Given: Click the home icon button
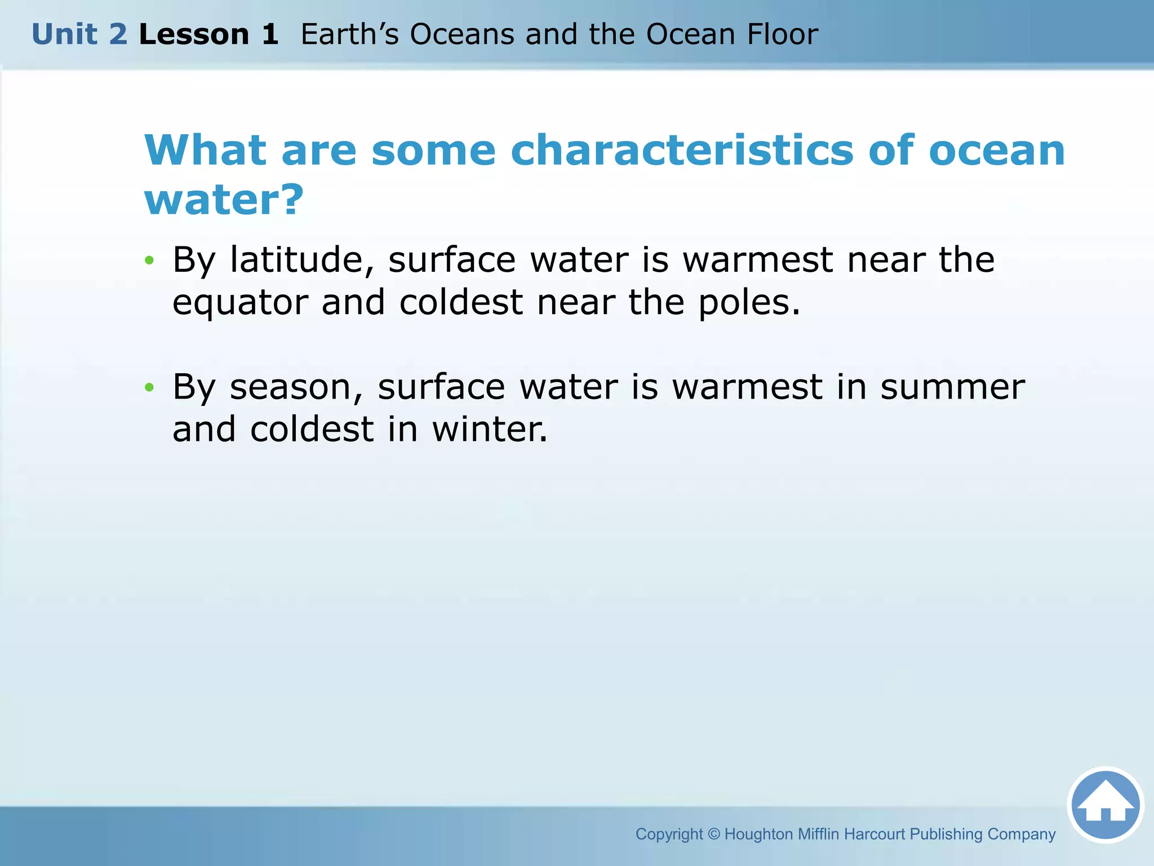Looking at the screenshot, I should tap(1105, 805).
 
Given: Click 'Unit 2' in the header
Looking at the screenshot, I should tap(79, 34).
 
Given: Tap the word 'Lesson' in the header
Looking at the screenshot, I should tap(194, 34).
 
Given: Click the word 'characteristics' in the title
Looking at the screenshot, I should tap(682, 151).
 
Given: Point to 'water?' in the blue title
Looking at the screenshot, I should tap(224, 200).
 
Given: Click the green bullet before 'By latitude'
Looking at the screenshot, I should tap(149, 260).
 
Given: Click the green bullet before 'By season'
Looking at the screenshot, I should tap(149, 387).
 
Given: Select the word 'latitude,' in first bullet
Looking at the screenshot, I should tap(302, 260).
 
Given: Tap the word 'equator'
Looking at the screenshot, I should tap(241, 303).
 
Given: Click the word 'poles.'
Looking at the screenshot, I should tap(749, 303).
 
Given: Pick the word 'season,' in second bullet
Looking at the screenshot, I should tap(296, 387).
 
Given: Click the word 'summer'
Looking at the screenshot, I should tap(952, 387).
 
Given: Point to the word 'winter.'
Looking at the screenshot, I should tap(489, 430).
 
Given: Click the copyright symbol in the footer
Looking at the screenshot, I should tap(713, 834).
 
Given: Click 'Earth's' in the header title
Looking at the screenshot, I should tap(349, 34).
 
